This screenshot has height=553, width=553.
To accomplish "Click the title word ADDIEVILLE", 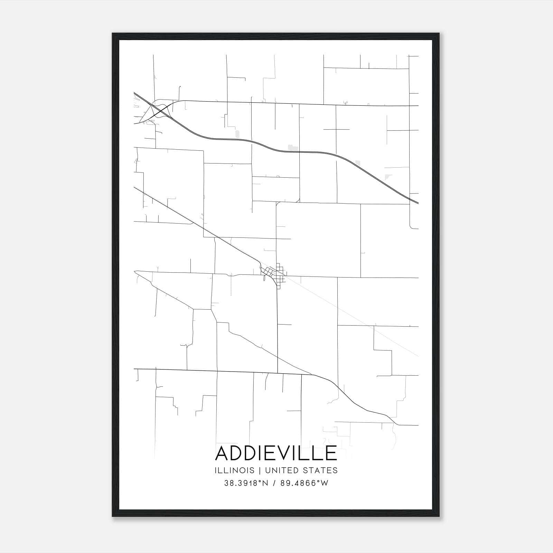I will coord(276,453).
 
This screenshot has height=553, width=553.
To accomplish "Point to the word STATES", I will coord(321,470).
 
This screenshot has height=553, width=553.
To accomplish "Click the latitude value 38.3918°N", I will coord(246,483).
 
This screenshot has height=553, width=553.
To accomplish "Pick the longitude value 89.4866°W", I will coord(304,483).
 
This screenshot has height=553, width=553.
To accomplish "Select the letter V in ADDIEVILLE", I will coord(285,453).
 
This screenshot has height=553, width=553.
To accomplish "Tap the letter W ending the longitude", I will coord(325,483).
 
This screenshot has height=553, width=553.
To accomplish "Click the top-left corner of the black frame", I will coord(113,34).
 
